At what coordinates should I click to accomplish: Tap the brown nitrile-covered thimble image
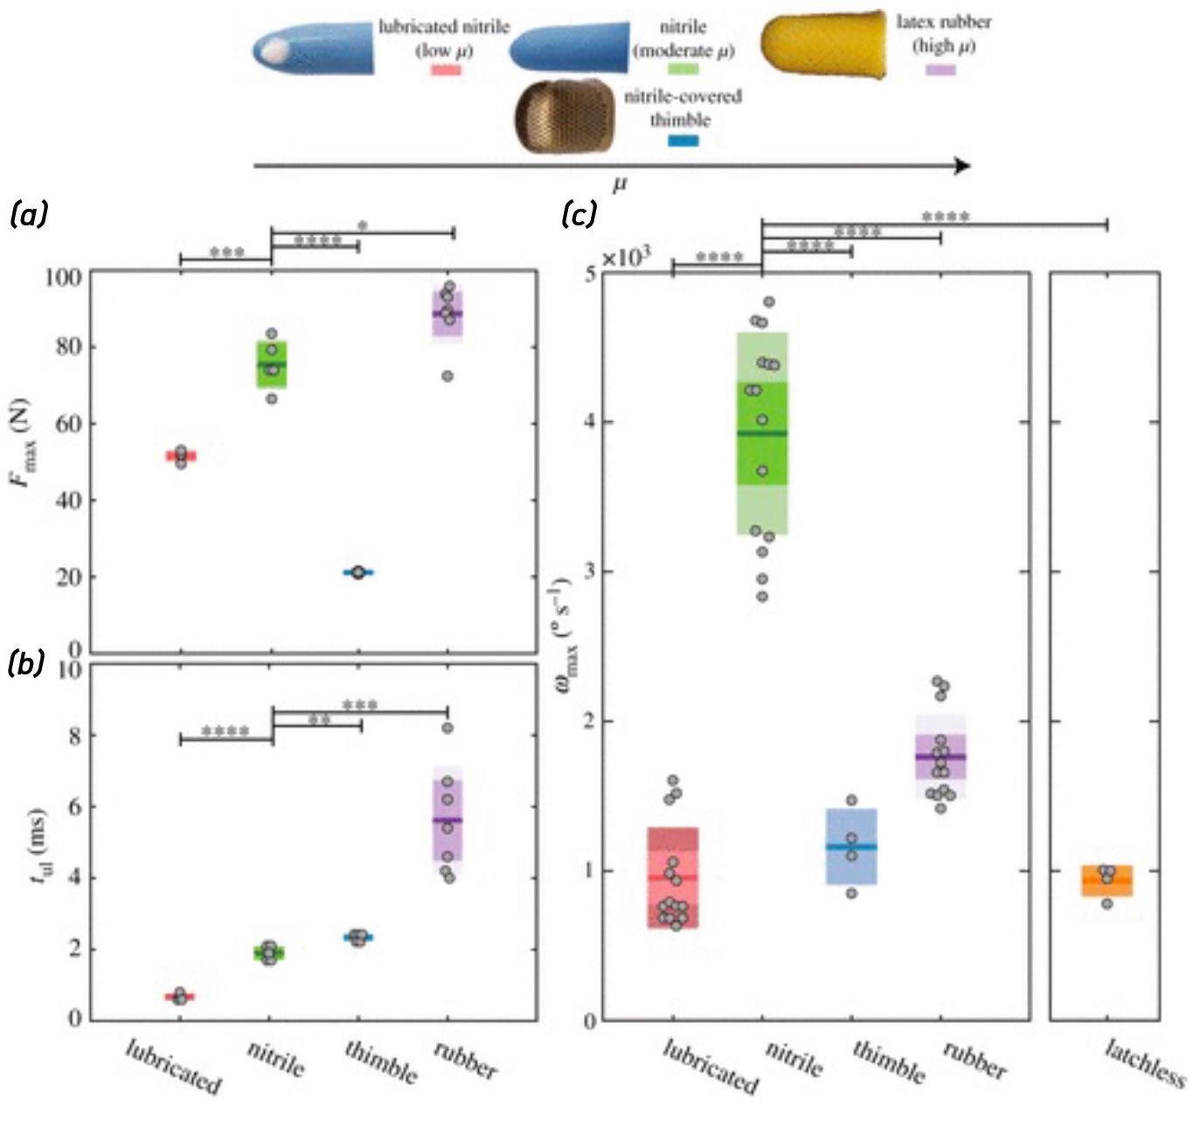pyautogui.click(x=566, y=117)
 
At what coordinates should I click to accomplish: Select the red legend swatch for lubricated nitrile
pyautogui.click(x=446, y=69)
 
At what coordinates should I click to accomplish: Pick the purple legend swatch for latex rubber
pyautogui.click(x=940, y=69)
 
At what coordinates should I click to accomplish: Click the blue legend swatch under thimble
pyautogui.click(x=683, y=140)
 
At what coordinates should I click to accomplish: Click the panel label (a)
pyautogui.click(x=28, y=214)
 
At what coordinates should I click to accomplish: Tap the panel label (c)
pyautogui.click(x=579, y=214)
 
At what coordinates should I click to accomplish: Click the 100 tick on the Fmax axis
pyautogui.click(x=62, y=278)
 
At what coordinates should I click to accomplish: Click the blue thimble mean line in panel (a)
pyautogui.click(x=357, y=572)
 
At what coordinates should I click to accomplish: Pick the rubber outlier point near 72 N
pyautogui.click(x=447, y=377)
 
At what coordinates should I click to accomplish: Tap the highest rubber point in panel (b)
pyautogui.click(x=447, y=728)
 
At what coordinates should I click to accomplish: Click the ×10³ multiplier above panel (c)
pyautogui.click(x=626, y=258)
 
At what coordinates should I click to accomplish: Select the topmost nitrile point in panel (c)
pyautogui.click(x=769, y=302)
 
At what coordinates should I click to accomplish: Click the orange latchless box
pyautogui.click(x=1106, y=882)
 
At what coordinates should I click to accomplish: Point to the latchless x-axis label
pyautogui.click(x=1144, y=1062)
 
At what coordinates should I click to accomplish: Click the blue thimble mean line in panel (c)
pyautogui.click(x=851, y=847)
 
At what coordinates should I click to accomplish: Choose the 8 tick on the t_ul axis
pyautogui.click(x=74, y=736)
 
